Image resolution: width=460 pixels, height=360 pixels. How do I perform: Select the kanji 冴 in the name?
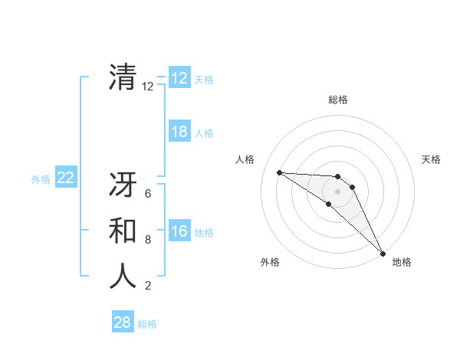click(123, 187)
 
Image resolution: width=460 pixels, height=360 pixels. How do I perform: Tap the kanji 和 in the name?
click(123, 231)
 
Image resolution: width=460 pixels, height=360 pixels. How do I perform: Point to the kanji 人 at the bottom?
click(123, 275)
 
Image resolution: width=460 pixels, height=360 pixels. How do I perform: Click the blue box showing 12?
click(179, 78)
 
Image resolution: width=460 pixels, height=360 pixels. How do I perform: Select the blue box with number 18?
click(179, 132)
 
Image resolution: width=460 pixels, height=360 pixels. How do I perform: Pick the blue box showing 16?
click(179, 232)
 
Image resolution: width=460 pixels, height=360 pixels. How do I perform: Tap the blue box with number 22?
click(65, 178)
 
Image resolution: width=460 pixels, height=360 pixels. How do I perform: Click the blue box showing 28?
click(123, 322)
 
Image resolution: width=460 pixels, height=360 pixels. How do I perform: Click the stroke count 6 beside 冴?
click(148, 195)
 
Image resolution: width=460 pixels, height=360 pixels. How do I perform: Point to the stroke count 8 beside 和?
click(148, 240)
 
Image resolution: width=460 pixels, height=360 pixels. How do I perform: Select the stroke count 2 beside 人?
click(148, 286)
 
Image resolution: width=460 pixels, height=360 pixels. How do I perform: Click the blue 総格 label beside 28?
click(147, 324)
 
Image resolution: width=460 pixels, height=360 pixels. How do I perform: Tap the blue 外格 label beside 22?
click(41, 179)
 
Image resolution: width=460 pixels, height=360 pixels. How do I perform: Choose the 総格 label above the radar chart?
click(338, 100)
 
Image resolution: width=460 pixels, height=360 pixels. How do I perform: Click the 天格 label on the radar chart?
click(431, 159)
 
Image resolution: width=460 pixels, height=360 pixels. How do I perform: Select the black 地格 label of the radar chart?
click(402, 262)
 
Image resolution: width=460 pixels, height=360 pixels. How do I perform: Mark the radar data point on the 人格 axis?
click(279, 172)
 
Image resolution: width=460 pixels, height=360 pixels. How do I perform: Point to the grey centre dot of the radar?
click(338, 191)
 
